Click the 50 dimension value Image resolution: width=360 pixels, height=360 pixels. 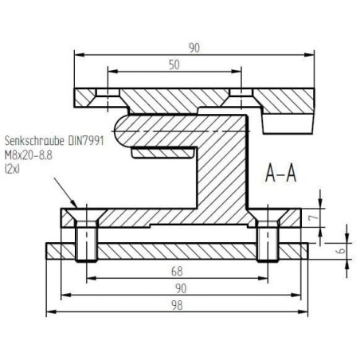click(174, 65)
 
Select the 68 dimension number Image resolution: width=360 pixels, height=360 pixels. click(177, 272)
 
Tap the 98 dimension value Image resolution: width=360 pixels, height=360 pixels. click(177, 305)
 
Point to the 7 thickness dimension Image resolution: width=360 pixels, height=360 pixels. click(315, 217)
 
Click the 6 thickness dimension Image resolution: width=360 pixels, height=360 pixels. click(342, 251)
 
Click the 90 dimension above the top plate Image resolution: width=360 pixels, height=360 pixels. click(194, 48)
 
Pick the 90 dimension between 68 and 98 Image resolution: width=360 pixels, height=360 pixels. click(181, 288)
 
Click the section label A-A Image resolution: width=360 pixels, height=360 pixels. click(280, 173)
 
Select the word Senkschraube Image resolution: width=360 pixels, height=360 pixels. click(35, 141)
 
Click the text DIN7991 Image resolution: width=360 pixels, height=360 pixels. click(86, 141)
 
